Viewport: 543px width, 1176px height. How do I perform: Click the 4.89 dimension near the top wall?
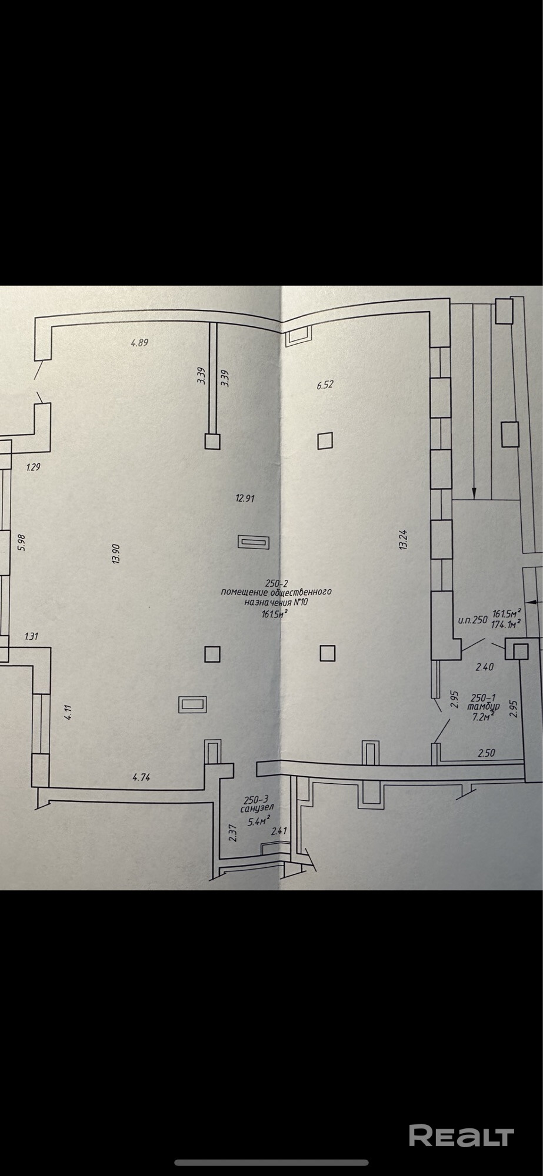click(x=139, y=342)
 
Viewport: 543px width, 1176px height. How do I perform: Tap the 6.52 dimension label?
click(x=325, y=385)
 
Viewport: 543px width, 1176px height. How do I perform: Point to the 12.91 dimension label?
click(x=244, y=498)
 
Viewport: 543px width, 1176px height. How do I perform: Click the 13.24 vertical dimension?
click(x=403, y=539)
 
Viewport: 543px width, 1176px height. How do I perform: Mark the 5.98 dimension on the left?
click(x=22, y=542)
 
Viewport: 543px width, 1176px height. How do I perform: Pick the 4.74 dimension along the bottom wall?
click(x=141, y=777)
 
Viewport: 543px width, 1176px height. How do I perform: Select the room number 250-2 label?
click(x=275, y=583)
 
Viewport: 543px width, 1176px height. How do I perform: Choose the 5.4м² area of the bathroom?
click(x=259, y=821)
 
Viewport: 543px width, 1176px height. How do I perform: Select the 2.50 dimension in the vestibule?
click(x=486, y=753)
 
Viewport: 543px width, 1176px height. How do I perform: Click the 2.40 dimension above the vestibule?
click(x=484, y=667)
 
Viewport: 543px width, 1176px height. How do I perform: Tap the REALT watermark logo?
click(x=461, y=1135)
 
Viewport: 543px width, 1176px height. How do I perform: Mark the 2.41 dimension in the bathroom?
click(x=278, y=831)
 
